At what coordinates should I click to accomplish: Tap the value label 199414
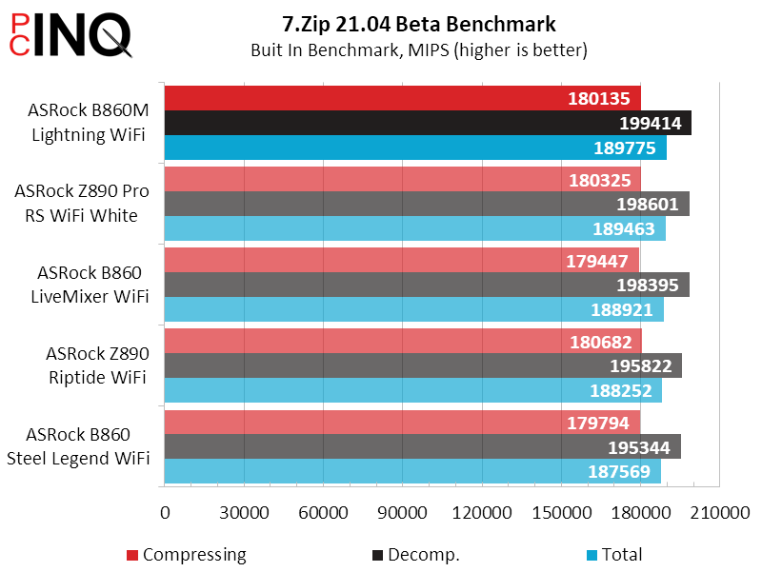(651, 123)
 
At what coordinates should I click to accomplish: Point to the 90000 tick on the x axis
(402, 512)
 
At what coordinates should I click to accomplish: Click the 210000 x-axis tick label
(718, 512)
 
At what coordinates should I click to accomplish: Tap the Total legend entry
(613, 555)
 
